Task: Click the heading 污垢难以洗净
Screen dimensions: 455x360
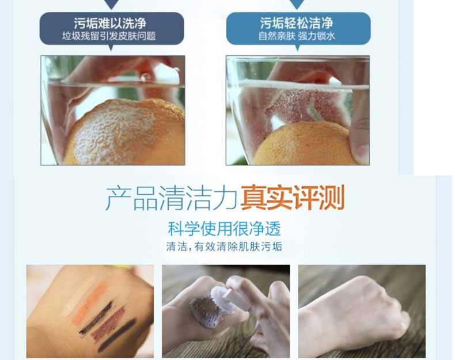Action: (x=110, y=23)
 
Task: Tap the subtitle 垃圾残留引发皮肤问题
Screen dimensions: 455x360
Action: (x=109, y=36)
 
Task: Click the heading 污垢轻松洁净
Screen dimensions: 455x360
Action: (x=297, y=23)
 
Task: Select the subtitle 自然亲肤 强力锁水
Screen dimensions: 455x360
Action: (x=297, y=36)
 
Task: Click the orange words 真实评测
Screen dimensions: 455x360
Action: (x=293, y=198)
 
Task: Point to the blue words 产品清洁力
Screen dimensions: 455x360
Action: (x=172, y=198)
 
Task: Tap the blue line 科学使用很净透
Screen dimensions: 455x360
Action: (x=225, y=229)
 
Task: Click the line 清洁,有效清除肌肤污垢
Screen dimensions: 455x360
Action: (x=224, y=247)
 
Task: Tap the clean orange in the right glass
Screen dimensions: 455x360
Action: (x=302, y=144)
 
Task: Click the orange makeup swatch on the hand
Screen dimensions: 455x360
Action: (x=90, y=302)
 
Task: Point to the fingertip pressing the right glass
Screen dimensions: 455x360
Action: (x=360, y=137)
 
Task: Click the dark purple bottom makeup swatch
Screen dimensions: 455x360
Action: (x=117, y=335)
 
